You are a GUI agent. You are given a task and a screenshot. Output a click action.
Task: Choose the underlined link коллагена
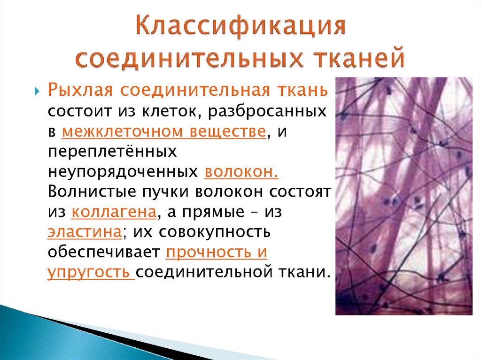tap(114, 212)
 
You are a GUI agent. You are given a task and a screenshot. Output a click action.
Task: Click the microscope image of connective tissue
tap(403, 196)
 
